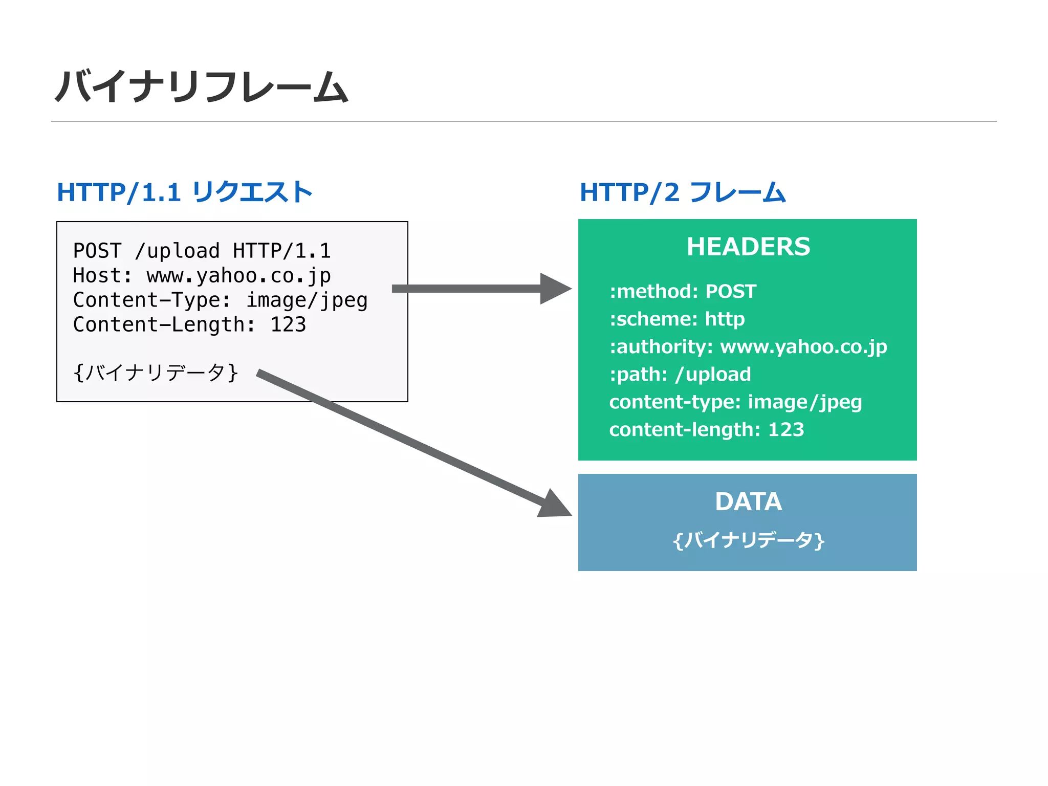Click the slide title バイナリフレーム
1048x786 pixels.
pos(202,86)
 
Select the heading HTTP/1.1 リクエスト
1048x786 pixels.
pos(184,192)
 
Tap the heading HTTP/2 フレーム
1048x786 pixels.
pos(682,192)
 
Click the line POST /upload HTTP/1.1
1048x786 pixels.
pos(202,251)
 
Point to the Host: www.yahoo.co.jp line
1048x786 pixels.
pos(202,275)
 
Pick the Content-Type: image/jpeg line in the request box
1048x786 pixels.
pos(220,300)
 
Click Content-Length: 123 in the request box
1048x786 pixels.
pos(189,324)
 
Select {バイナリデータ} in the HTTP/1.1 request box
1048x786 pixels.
pos(156,372)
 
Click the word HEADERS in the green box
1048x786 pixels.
pos(748,247)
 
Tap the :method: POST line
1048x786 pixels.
pos(683,291)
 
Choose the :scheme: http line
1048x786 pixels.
pos(676,319)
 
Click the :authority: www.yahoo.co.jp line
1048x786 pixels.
pos(748,346)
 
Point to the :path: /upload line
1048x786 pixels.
pos(680,374)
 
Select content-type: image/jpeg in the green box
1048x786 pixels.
pos(735,402)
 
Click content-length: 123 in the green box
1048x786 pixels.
pos(706,429)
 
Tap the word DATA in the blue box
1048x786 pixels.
pos(748,501)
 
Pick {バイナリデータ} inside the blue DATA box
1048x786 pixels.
pos(748,540)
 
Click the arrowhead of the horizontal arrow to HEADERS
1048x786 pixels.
pos(555,289)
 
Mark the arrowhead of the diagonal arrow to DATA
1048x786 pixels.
pos(555,506)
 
